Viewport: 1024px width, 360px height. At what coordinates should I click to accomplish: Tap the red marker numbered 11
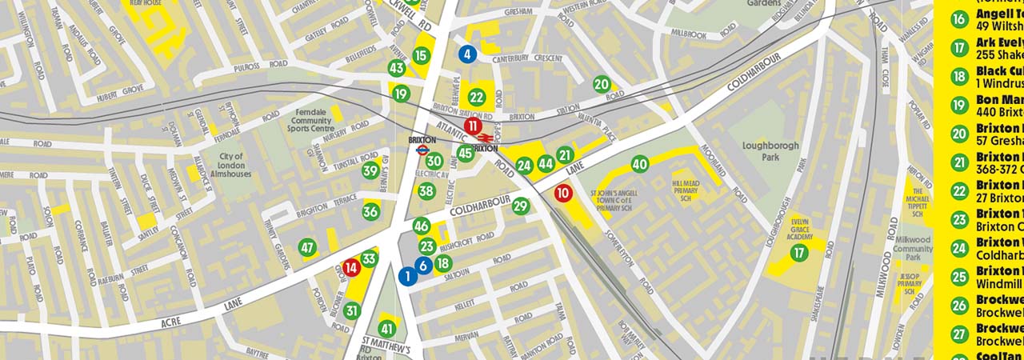(x=473, y=126)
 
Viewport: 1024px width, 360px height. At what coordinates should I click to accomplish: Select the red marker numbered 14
(x=351, y=269)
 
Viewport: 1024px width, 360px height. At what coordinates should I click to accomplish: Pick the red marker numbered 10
(x=563, y=192)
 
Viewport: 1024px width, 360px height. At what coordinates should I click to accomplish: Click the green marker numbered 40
(x=639, y=164)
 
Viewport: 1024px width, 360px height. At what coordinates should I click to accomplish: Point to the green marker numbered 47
(x=307, y=248)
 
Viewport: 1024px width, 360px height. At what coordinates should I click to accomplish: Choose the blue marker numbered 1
(x=407, y=276)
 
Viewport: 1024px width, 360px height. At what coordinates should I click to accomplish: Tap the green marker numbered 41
(x=387, y=328)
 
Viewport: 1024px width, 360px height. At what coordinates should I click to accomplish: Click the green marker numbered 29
(x=521, y=206)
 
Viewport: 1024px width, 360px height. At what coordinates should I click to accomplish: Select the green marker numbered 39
(x=370, y=170)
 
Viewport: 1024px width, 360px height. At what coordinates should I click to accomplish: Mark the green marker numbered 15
(x=422, y=55)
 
